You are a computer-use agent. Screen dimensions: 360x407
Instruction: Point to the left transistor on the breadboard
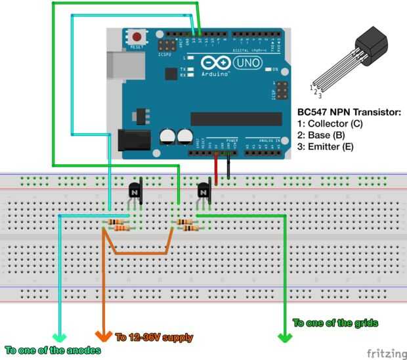click(134, 191)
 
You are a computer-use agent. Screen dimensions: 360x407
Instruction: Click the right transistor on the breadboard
click(203, 191)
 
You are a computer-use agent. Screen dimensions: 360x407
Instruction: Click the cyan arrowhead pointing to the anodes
click(59, 336)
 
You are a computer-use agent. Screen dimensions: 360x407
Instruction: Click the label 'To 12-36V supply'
click(154, 338)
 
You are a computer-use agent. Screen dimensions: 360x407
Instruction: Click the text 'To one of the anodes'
click(53, 350)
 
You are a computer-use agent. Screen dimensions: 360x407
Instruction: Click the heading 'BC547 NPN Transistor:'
click(349, 113)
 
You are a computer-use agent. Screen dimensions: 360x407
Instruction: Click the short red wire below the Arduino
click(215, 170)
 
